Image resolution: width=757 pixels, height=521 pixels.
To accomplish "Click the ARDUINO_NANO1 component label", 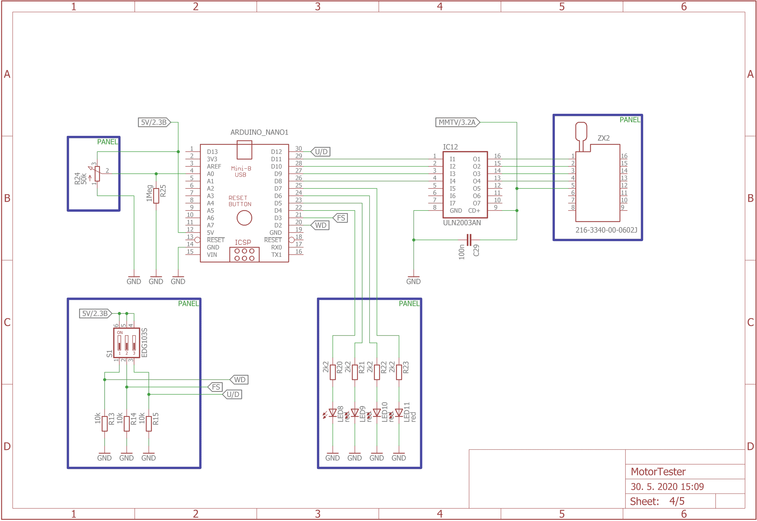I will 259,132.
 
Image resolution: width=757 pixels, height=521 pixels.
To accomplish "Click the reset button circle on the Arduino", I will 244,218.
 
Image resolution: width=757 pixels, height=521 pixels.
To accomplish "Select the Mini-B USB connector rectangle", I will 244,150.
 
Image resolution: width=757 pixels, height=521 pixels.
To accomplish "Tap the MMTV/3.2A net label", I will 457,122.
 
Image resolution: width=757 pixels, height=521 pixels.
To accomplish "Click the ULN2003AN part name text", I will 462,223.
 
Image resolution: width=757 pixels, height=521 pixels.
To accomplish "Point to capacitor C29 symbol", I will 469,240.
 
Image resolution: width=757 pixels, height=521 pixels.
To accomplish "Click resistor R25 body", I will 156,195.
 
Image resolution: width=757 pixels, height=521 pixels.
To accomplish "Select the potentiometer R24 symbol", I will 97,174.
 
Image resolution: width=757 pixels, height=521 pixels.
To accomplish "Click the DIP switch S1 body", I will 127,343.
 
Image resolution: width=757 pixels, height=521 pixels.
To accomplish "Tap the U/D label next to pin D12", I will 321,152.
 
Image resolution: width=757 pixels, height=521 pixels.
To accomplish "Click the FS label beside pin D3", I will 340,218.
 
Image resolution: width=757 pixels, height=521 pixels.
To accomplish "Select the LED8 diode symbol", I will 332,413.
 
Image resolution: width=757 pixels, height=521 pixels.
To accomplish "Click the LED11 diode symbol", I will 399,413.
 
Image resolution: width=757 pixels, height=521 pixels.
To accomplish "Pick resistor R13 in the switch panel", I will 104,423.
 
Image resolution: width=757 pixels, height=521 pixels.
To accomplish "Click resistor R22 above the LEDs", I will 377,372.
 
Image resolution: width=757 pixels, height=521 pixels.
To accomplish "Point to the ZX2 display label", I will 603,138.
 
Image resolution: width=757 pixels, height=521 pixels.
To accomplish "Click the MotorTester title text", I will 658,472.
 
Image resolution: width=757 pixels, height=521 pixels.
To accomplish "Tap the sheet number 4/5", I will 677,501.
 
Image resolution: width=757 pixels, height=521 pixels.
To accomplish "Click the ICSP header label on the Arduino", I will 243,242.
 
